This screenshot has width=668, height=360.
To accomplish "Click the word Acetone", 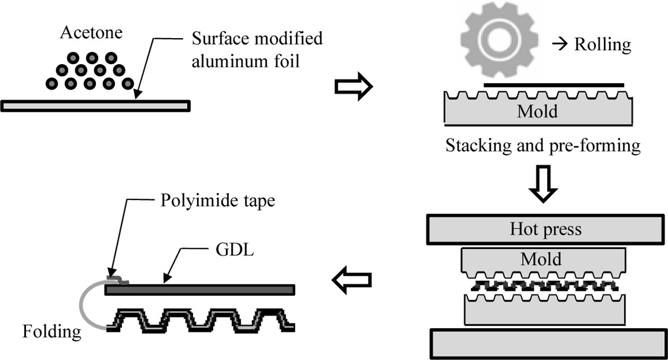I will [92, 33].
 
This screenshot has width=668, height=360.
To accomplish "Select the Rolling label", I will [603, 45].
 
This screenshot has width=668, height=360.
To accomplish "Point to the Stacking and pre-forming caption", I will [542, 145].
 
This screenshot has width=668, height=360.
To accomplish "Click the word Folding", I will [52, 332].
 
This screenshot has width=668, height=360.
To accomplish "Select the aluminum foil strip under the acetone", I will [95, 106].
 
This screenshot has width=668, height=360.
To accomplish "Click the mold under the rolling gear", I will [538, 111].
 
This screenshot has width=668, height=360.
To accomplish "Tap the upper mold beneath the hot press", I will [540, 261].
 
